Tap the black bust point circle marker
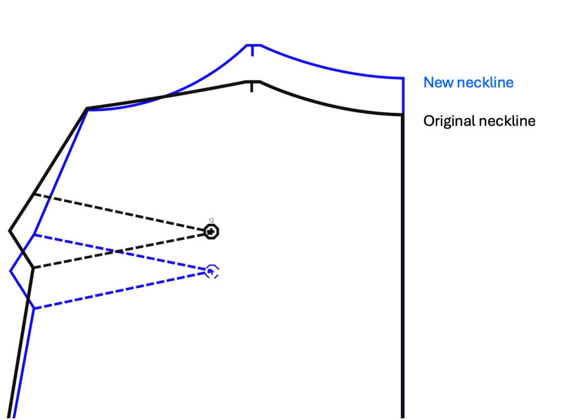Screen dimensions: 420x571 point(211,231)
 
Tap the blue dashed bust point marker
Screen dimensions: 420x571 point(211,272)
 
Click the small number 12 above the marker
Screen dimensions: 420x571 point(212,221)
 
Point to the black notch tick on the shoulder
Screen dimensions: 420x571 point(252,87)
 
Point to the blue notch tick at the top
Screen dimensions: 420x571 point(252,50)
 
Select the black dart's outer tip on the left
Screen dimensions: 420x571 point(10,230)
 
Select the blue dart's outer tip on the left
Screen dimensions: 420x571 point(11,271)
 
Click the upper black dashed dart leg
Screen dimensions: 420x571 point(123,212)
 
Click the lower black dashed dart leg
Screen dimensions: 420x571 point(123,250)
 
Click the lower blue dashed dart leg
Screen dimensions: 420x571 point(123,290)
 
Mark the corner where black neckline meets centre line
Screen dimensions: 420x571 point(402,115)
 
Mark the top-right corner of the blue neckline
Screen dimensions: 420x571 point(403,78)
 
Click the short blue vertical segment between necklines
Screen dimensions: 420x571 point(403,97)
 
